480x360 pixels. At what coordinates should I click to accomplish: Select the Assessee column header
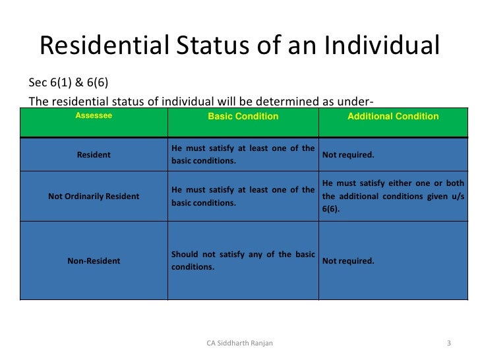[x=94, y=116]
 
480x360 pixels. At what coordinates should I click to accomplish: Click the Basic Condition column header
[x=243, y=117]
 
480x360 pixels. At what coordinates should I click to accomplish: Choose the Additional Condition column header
[x=393, y=117]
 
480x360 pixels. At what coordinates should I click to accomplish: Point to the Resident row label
[x=94, y=155]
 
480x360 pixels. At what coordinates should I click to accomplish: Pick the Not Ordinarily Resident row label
[x=94, y=196]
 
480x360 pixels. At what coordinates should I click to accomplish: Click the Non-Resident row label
[x=94, y=261]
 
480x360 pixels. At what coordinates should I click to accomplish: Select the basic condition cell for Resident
[x=243, y=154]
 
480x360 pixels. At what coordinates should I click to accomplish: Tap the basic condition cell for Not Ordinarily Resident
[x=243, y=196]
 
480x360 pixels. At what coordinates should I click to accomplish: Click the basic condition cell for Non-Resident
[x=243, y=261]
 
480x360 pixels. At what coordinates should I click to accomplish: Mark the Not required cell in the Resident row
[x=348, y=155]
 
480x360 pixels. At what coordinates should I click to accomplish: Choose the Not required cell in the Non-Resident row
[x=348, y=261]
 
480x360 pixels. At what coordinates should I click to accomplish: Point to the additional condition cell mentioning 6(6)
[x=393, y=196]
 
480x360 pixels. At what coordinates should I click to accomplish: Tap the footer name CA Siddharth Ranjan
[x=240, y=344]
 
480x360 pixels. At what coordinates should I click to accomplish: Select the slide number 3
[x=448, y=344]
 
